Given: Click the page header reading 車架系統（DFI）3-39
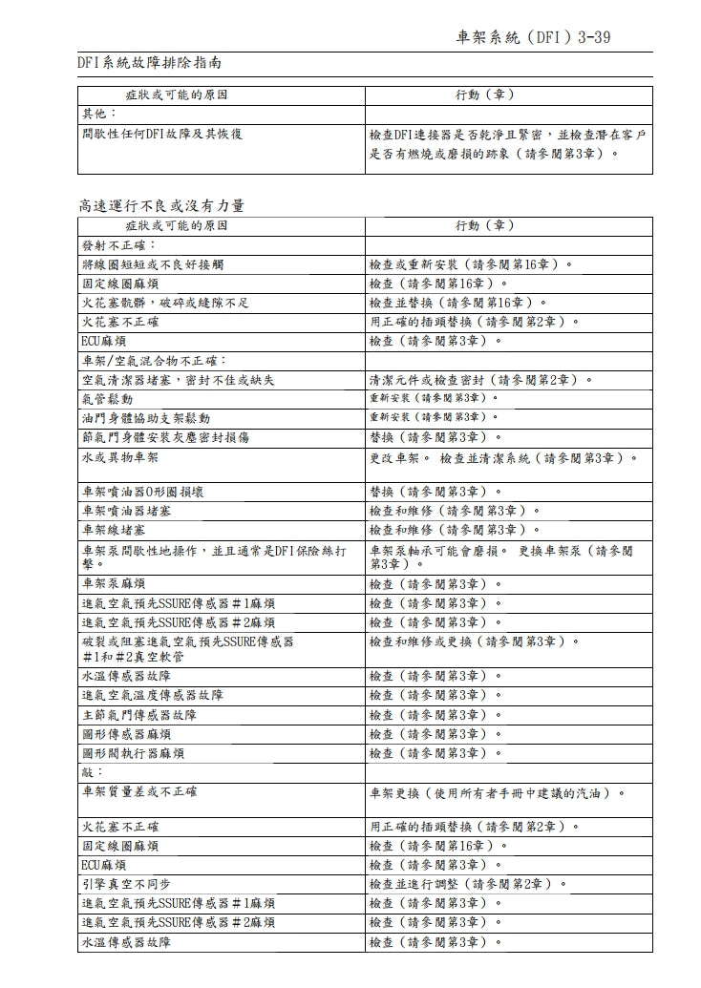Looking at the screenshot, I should (533, 37).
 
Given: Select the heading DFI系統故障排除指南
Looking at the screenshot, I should (150, 63).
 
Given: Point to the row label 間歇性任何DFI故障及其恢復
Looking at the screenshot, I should (161, 135).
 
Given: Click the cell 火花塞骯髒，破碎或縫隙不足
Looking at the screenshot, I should (165, 303).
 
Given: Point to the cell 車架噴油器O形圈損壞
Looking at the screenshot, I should (142, 492).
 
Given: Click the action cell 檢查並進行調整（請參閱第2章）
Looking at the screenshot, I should (468, 883).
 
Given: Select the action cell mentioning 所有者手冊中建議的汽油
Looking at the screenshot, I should (498, 792).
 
